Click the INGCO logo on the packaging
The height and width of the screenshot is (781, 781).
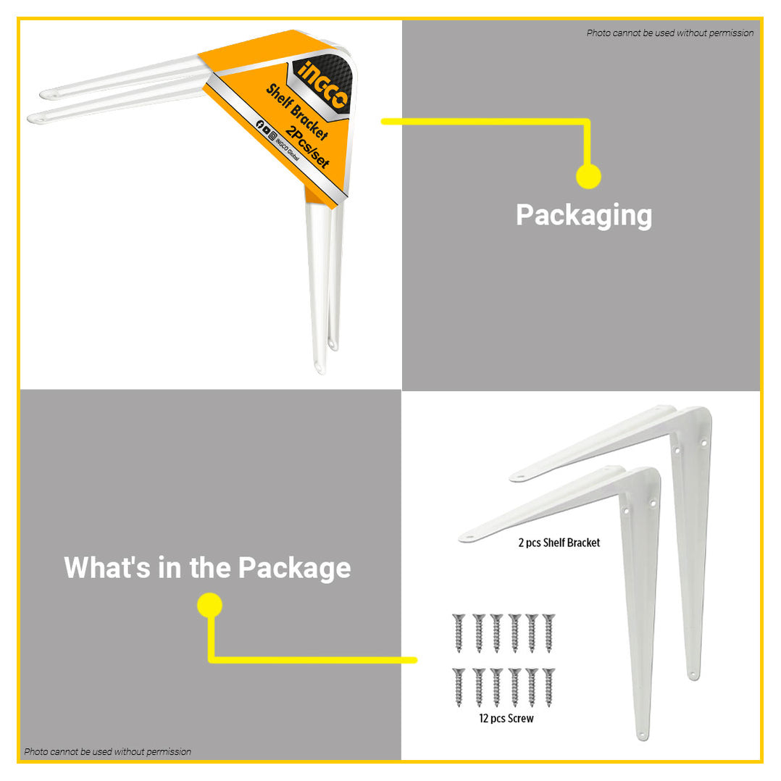(322, 84)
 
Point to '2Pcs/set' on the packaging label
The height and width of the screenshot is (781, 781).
(307, 147)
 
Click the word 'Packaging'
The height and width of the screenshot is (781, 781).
(584, 216)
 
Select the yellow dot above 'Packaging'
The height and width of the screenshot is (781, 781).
(588, 176)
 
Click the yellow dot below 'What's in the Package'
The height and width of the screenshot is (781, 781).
(209, 605)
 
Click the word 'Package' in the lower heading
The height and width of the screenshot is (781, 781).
(294, 569)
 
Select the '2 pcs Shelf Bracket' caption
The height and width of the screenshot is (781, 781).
(559, 543)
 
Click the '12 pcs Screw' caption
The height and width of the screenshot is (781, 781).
(506, 718)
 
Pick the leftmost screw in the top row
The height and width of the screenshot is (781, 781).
(459, 633)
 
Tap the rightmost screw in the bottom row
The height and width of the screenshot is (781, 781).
(548, 688)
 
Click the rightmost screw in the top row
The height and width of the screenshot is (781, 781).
(548, 633)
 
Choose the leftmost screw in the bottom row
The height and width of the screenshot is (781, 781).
(459, 688)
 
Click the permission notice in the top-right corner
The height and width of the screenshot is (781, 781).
(670, 33)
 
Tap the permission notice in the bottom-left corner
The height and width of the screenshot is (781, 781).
(107, 751)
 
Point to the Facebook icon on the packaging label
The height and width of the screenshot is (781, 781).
(259, 124)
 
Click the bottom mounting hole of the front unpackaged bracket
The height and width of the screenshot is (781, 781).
(643, 734)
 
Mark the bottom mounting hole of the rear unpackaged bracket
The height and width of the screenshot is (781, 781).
(693, 675)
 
